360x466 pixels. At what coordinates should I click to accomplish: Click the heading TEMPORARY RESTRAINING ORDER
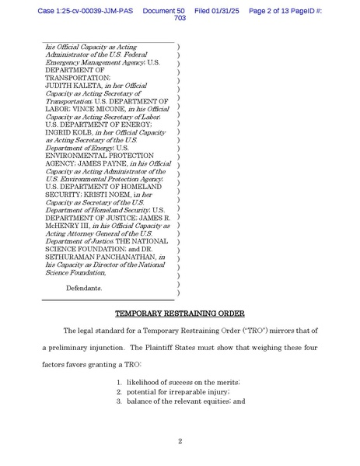pyautogui.click(x=180, y=314)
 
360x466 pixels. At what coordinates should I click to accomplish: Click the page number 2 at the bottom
pyautogui.click(x=180, y=441)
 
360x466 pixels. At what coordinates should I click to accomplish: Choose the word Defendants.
pyautogui.click(x=83, y=288)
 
